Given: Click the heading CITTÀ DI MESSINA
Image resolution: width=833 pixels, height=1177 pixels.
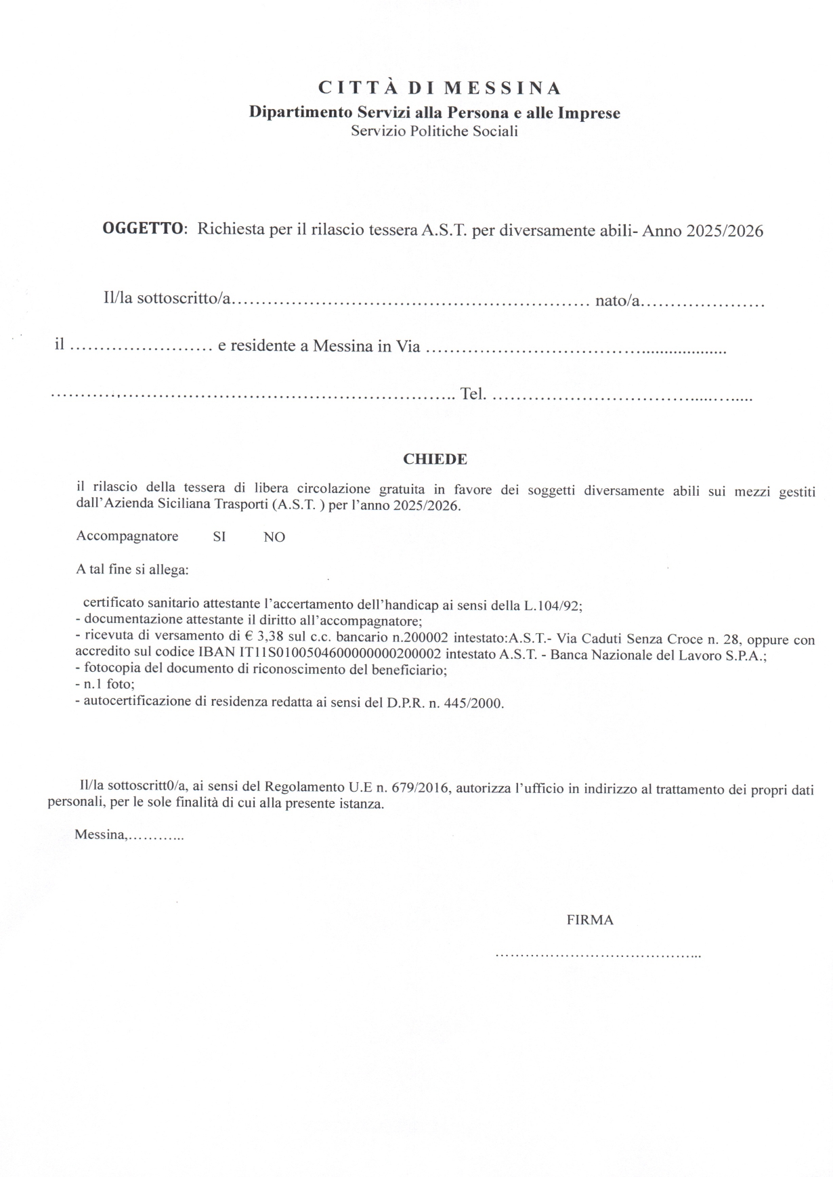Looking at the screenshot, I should click(440, 88).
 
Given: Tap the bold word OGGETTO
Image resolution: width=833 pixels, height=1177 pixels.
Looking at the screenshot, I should click(142, 229).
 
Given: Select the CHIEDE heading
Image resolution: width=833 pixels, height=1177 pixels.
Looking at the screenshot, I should click(435, 459).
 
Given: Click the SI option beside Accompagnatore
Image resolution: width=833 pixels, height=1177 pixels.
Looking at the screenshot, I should click(219, 537).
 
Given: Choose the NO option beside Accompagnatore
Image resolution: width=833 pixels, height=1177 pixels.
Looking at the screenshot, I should click(274, 538).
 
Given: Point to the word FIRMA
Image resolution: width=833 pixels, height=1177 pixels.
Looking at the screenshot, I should click(590, 920).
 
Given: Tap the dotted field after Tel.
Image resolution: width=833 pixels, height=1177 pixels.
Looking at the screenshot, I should click(620, 395).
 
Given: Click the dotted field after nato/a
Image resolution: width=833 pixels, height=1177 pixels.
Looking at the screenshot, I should click(703, 301).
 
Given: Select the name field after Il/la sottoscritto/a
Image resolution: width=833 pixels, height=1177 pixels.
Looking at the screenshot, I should click(410, 301).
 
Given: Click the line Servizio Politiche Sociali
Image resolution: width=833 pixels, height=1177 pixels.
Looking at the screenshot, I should click(434, 131).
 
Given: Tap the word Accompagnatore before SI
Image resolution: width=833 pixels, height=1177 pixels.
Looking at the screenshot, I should click(127, 536).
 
